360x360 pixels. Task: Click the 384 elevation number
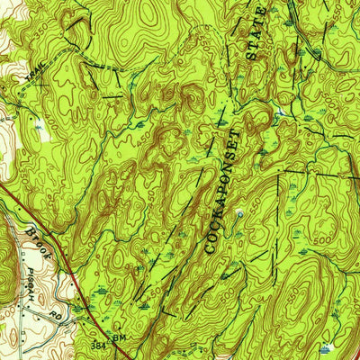pyautogui.click(x=96, y=345)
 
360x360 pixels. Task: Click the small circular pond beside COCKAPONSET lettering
pyautogui.click(x=239, y=213)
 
